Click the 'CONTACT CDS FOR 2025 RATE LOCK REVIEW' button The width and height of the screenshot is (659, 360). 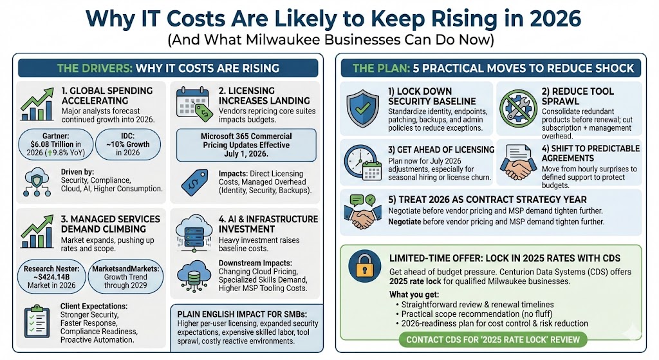pyautogui.click(x=489, y=339)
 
